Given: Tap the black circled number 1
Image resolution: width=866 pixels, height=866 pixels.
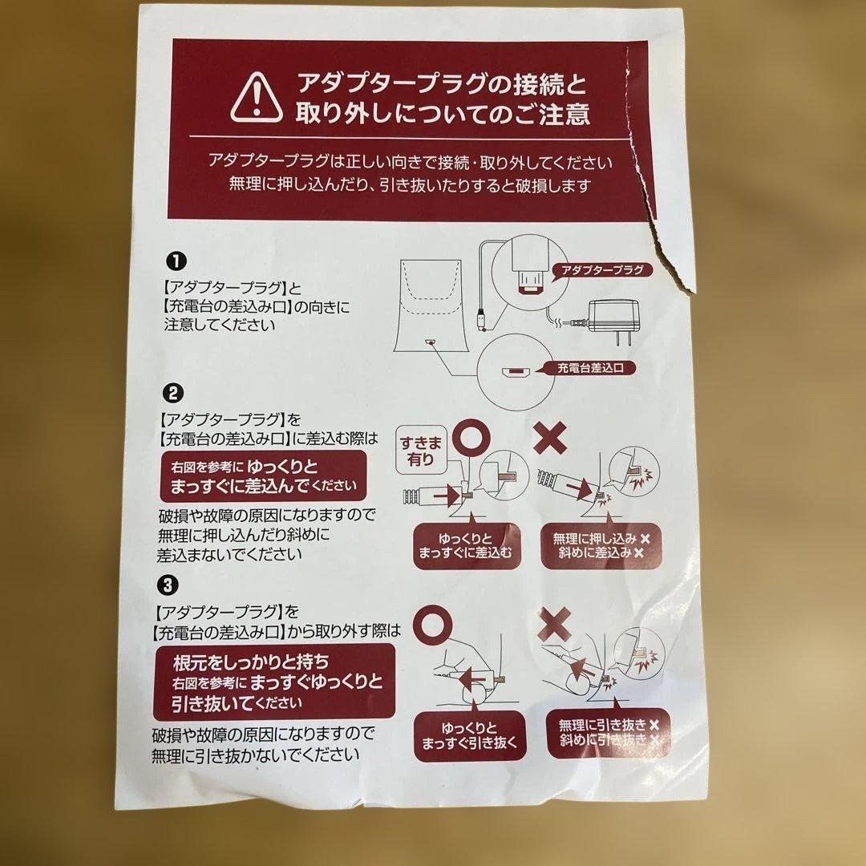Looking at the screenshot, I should tap(176, 261).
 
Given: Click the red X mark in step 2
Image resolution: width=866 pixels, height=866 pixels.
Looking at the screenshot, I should tap(549, 437).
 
